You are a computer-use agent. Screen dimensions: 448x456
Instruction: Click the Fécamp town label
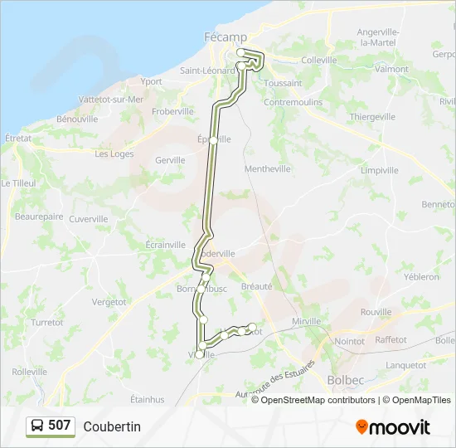[x=221, y=37]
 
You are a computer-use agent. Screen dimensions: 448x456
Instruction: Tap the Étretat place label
[x=17, y=139]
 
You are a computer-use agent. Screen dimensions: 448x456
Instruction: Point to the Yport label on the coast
[x=152, y=81]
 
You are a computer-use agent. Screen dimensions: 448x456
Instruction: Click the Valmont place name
[x=391, y=69]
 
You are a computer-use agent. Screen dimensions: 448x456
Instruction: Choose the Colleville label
[x=319, y=60]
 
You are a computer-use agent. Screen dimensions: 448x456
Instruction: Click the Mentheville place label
[x=268, y=168]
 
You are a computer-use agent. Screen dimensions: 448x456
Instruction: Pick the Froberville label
[x=173, y=111]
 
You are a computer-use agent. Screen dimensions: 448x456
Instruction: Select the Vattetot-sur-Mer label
[x=110, y=100]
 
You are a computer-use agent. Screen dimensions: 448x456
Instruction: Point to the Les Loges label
[x=114, y=153]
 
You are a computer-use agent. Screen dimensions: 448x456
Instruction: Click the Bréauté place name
[x=257, y=286]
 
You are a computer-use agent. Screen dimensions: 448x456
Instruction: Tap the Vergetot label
[x=109, y=302]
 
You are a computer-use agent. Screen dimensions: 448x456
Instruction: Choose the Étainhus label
[x=147, y=399]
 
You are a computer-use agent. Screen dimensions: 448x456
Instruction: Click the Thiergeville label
[x=372, y=117]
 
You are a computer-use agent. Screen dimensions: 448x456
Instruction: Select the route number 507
[x=60, y=426]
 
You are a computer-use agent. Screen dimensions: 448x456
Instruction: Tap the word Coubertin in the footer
[x=112, y=426]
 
